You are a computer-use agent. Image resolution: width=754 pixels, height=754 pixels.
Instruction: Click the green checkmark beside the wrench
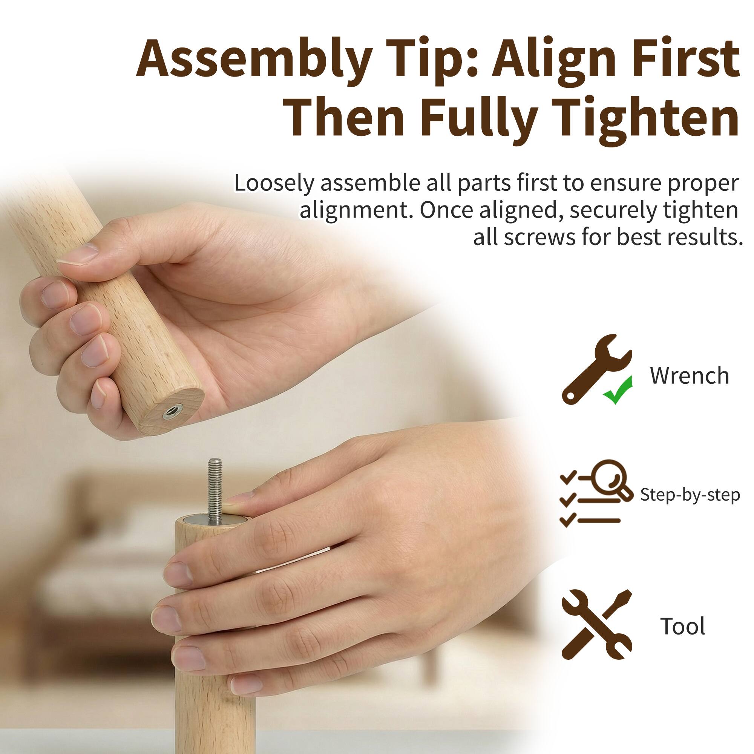coord(618,391)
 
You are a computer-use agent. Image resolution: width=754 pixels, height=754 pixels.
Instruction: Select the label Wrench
coord(689,376)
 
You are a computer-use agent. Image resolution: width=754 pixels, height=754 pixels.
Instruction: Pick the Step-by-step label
coord(690,495)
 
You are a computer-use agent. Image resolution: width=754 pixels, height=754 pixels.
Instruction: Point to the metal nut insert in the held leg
coord(171,410)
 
